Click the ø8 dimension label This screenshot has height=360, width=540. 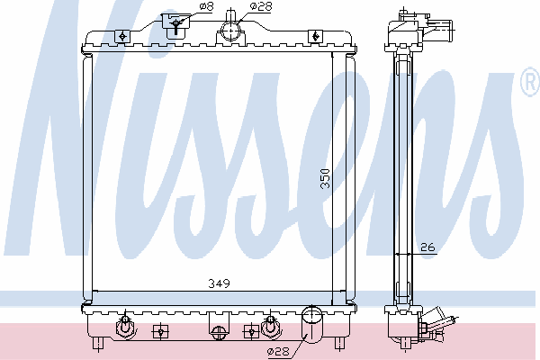pos(206,6)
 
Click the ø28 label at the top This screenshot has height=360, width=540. pos(261,6)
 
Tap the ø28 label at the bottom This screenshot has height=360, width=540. pos(278,351)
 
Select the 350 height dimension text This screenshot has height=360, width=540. pos(325,178)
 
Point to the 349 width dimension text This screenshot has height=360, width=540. pos(219,283)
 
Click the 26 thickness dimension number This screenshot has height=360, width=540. pos(427,247)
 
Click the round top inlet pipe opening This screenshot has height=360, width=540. pos(230,31)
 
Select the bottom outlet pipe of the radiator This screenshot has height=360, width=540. pos(312,325)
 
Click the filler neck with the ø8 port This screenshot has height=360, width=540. pos(175,26)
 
